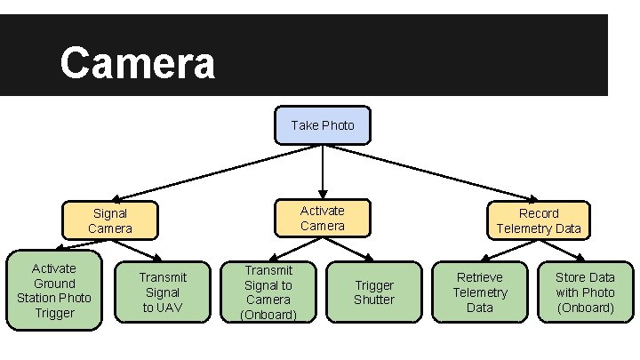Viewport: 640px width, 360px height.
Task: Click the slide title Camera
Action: (x=137, y=63)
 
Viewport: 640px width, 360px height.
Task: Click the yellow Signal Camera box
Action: (x=109, y=220)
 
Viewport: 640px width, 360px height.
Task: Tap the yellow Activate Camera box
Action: (x=322, y=218)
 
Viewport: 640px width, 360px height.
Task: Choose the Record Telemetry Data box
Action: (x=539, y=220)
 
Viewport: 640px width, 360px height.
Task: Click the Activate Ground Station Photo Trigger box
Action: (x=53, y=291)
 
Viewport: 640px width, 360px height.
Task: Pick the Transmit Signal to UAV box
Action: (x=162, y=292)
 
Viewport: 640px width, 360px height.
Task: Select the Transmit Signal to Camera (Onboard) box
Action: (x=268, y=292)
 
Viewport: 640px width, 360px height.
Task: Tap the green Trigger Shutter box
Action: (x=374, y=292)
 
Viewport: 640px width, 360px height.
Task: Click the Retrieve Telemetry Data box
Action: (x=480, y=292)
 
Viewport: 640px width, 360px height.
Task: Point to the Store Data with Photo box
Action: (x=585, y=292)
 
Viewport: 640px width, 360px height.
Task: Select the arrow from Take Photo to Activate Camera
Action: (x=323, y=169)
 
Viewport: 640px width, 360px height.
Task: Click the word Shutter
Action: (x=374, y=300)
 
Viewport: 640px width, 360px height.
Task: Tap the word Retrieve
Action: (x=480, y=277)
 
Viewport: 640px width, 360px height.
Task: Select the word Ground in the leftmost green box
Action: (x=54, y=283)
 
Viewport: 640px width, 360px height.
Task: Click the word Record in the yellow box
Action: (x=539, y=213)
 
